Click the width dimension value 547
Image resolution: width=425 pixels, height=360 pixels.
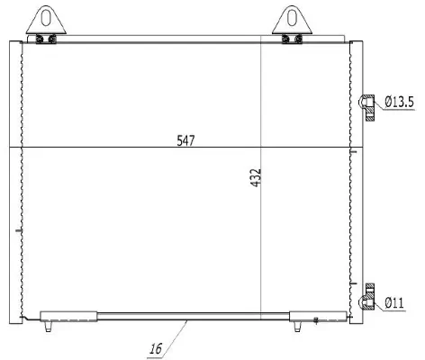(185, 140)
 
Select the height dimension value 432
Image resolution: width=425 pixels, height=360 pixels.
(256, 178)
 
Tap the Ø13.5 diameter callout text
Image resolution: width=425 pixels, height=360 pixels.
(400, 102)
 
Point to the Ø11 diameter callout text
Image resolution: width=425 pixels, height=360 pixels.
(394, 303)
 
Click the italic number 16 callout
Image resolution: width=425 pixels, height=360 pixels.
(156, 349)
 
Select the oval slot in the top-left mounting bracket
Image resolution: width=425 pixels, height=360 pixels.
(46, 18)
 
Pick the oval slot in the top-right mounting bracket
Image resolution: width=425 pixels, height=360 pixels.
(292, 18)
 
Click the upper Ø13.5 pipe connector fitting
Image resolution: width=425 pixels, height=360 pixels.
(367, 107)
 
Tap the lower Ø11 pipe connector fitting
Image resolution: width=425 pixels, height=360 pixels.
(367, 298)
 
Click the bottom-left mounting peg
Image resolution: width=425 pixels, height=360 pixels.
(48, 326)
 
